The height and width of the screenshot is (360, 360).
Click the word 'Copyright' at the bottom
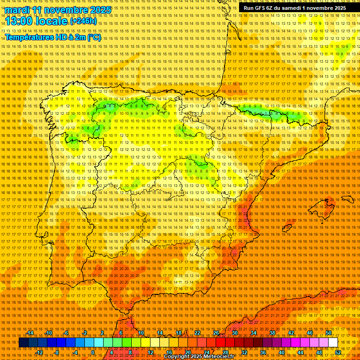coord(177,357)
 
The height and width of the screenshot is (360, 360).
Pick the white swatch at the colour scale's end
coord(333,343)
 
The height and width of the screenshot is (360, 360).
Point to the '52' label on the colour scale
coord(338,352)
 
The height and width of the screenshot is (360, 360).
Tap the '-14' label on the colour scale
coord(30,333)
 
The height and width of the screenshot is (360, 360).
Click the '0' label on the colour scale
coord(93,352)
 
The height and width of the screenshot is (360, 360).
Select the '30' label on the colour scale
coord(234,333)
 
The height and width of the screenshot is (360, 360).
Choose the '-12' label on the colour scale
coord(39,352)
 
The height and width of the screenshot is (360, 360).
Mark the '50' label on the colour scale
coord(328,333)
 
